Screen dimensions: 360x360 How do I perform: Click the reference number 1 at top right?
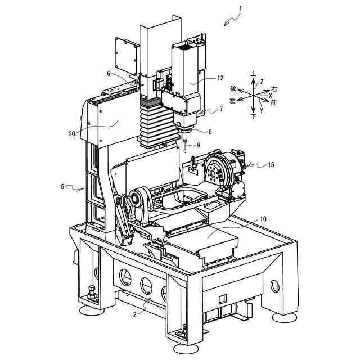pos(240,8)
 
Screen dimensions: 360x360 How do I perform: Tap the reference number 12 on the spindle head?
pos(220,79)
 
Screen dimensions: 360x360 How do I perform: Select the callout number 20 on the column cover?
pos(71,133)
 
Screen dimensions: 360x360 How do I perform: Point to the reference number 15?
pos(271,165)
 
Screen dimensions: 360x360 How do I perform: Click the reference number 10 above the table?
pos(264,218)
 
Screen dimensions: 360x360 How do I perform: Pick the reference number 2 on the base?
pos(134,314)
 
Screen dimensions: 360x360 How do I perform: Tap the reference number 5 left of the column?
pos(64,186)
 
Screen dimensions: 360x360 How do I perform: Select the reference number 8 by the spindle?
pos(210,132)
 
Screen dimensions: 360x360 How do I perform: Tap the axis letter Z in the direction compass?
pos(262,82)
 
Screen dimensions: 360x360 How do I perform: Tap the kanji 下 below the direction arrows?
pos(254,117)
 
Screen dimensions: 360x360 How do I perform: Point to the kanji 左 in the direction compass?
pos(233,100)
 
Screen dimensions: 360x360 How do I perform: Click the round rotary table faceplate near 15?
pos(214,170)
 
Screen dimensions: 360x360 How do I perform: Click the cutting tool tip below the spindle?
pos(185,151)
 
